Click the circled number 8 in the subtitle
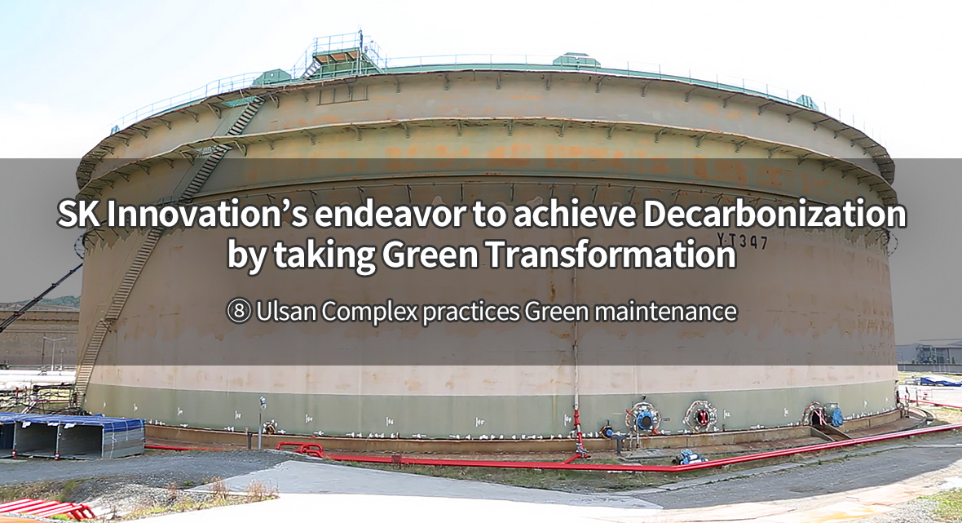point(239,312)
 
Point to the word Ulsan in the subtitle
point(286,311)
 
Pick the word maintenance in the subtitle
point(666,311)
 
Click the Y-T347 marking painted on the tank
point(743,240)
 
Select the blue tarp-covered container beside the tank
point(71,435)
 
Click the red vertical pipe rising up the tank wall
point(578,430)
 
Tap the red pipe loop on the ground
point(301,449)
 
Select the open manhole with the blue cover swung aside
point(823,415)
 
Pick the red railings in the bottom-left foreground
point(46,509)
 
